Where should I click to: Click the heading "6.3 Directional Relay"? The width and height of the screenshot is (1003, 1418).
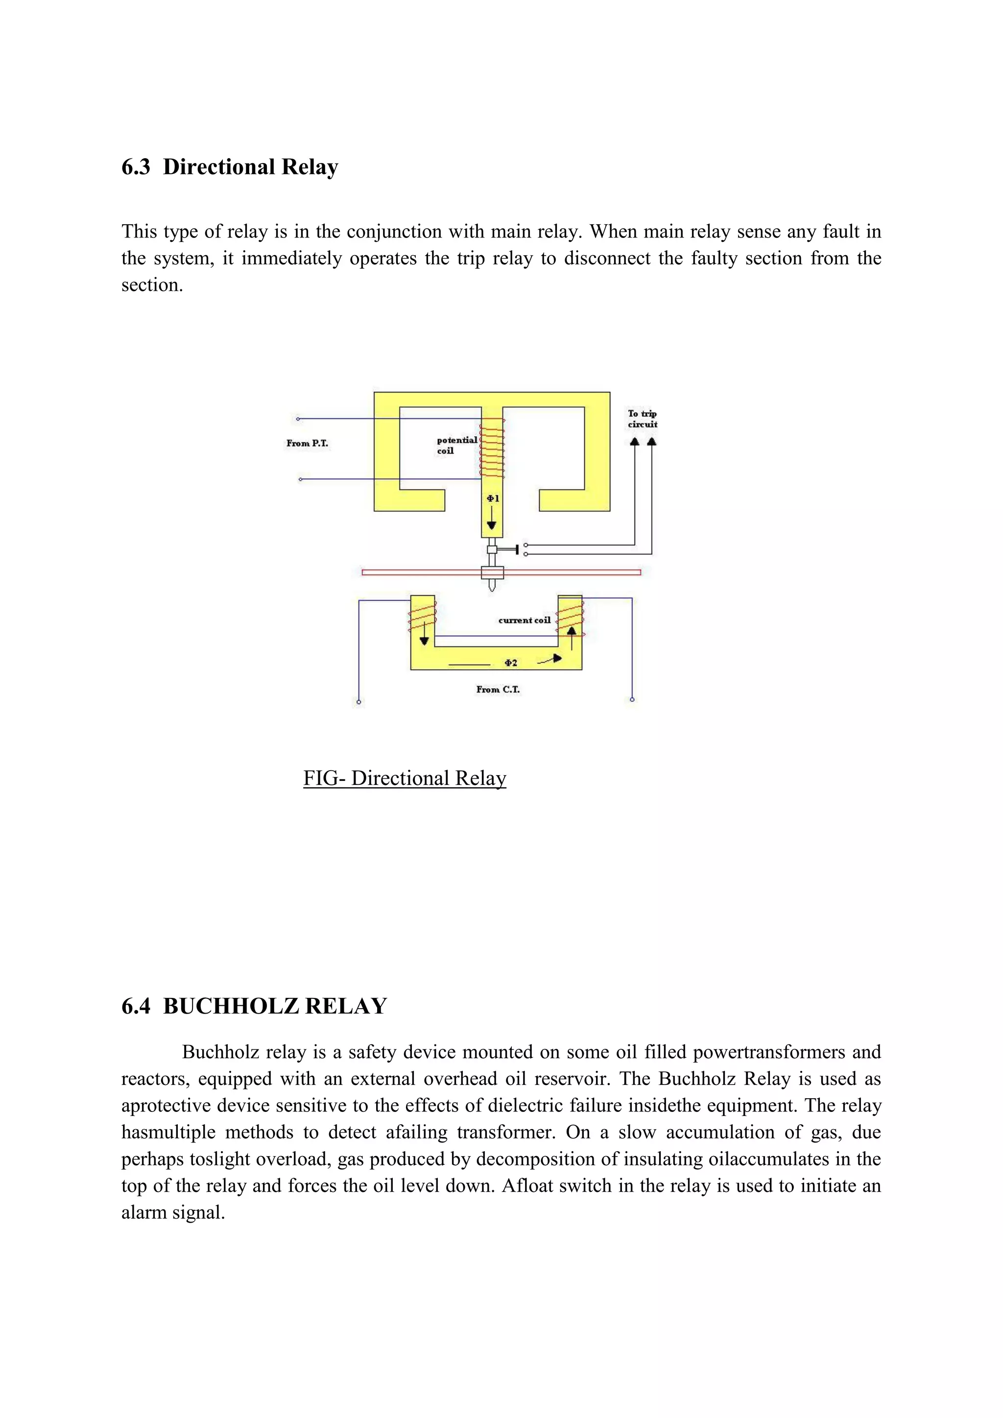click(230, 167)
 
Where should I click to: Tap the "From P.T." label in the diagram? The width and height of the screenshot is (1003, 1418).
click(307, 444)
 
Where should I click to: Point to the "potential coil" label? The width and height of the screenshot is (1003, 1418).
click(456, 445)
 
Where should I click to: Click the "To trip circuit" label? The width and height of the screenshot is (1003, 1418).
click(643, 419)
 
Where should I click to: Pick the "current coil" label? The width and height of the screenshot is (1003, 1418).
click(524, 620)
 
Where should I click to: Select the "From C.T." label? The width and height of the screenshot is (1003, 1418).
click(498, 689)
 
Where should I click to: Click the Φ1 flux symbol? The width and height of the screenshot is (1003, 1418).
click(492, 498)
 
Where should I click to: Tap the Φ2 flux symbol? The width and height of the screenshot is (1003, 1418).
click(511, 662)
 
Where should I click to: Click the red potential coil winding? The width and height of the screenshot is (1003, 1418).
click(492, 448)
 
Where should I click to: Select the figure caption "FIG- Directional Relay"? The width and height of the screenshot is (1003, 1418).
click(405, 778)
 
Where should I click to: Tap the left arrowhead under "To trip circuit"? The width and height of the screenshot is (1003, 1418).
click(634, 442)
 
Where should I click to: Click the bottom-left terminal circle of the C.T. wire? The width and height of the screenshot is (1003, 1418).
click(359, 702)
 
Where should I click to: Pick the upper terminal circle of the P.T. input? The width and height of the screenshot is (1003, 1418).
click(298, 419)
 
